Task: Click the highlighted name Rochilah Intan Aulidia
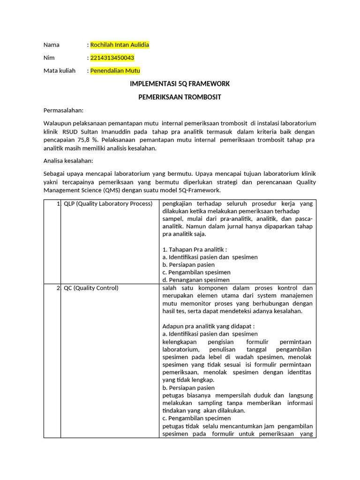120,45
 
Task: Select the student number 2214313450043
112,58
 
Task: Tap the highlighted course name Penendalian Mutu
115,71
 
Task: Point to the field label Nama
52,45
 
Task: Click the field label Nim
49,58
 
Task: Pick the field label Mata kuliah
60,71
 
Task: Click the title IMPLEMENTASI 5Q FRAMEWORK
180,84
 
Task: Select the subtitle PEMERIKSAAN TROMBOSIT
180,97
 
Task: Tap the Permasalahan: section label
63,110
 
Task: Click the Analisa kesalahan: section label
68,161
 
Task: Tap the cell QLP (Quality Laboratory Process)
108,203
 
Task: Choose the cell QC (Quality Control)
91,288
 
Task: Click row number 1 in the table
58,203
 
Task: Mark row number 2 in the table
58,288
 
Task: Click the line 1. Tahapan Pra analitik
195,249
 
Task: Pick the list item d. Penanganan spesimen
196,280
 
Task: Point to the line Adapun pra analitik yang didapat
208,326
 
